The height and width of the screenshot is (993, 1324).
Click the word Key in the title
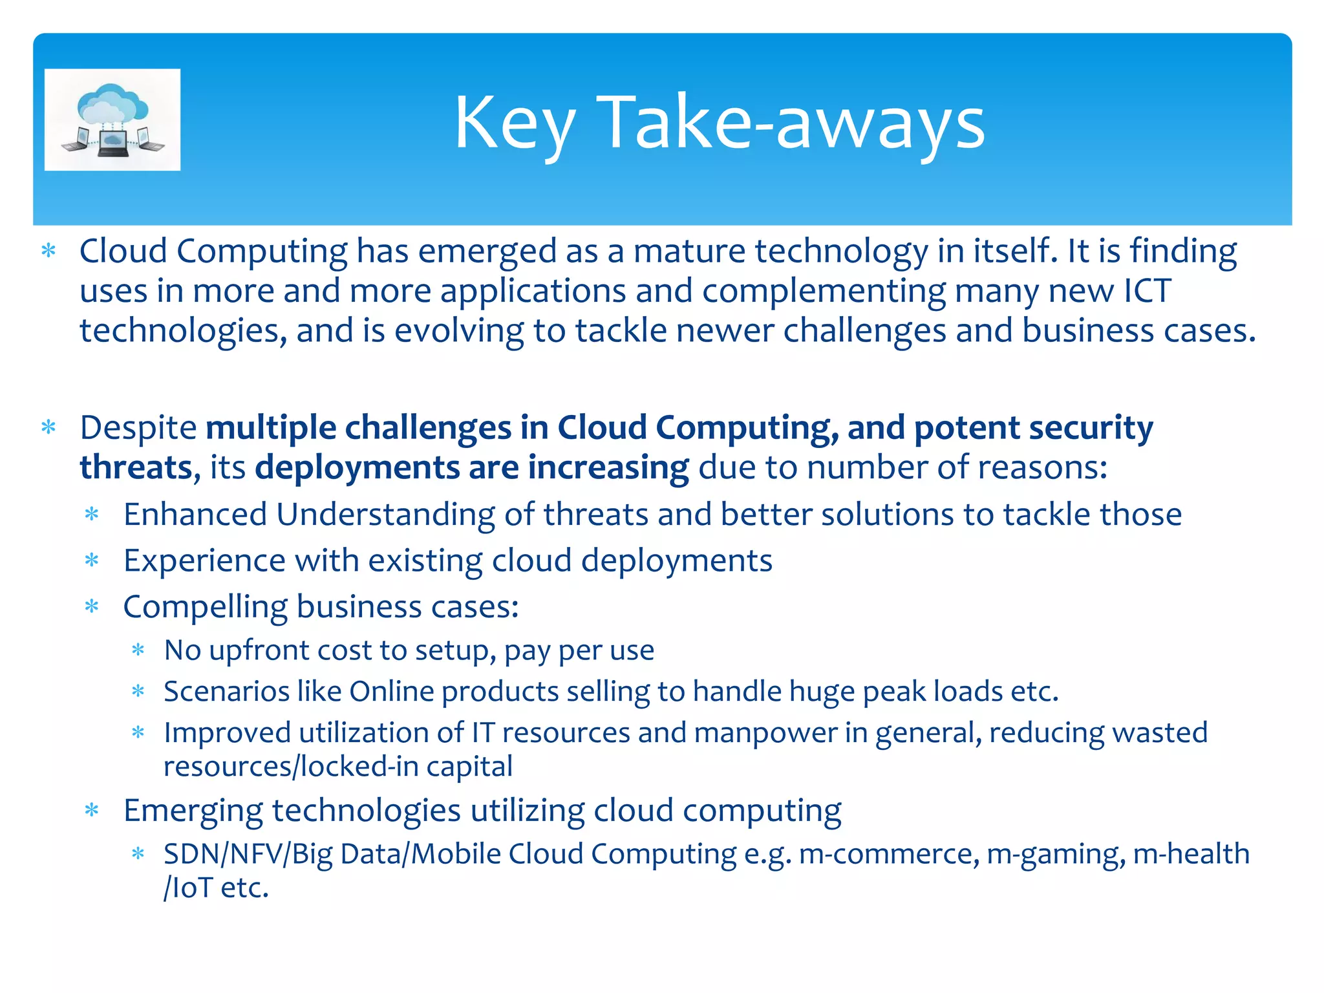pyautogui.click(x=514, y=123)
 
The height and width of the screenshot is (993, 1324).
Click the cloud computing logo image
pyautogui.click(x=112, y=120)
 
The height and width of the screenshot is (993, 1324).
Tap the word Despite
pyautogui.click(x=138, y=428)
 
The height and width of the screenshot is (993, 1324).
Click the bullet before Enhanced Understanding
pyautogui.click(x=92, y=515)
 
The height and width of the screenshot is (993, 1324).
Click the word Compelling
pyautogui.click(x=205, y=607)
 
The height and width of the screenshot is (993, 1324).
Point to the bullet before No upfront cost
pyautogui.click(x=138, y=650)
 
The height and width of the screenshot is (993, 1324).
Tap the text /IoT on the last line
pyautogui.click(x=188, y=888)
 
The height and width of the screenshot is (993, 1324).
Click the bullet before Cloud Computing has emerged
pyautogui.click(x=49, y=251)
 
